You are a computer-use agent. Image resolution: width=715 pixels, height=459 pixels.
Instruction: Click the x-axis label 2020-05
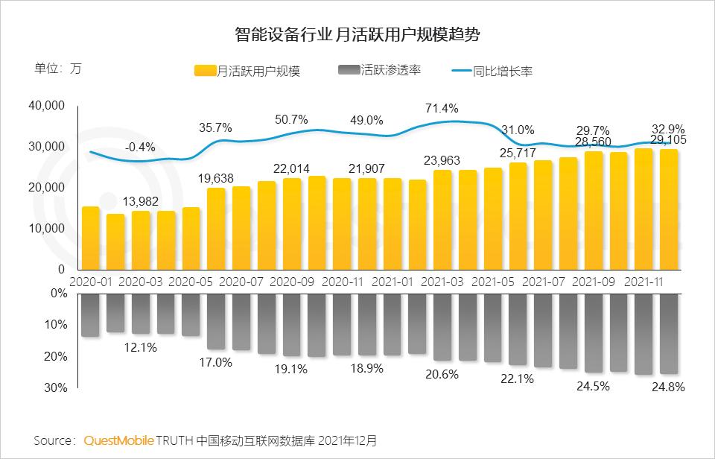pos(191,282)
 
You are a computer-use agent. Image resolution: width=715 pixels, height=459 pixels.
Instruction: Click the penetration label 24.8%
pos(668,387)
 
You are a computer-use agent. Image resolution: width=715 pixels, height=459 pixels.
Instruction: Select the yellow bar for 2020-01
pos(90,238)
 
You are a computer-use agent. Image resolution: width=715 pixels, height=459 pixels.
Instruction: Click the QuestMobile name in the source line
pos(118,440)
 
